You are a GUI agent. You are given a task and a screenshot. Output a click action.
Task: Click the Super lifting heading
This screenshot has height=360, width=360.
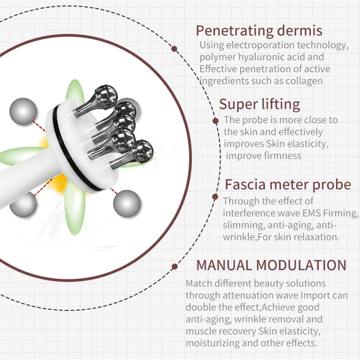tap(259, 104)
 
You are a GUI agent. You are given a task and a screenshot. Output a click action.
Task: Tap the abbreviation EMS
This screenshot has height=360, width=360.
tap(301, 212)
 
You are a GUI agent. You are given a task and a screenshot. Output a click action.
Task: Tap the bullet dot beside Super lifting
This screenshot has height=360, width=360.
tap(215, 121)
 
